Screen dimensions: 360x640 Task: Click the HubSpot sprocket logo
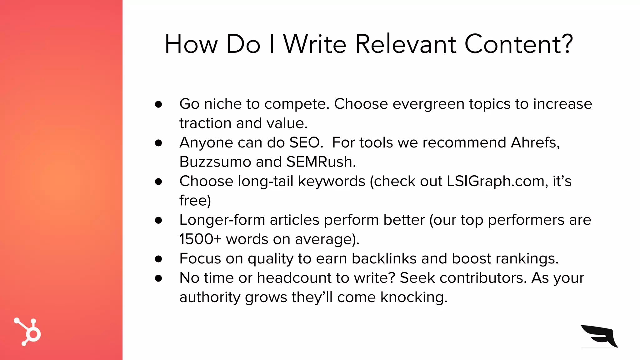28,332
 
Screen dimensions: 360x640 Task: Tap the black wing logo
599,336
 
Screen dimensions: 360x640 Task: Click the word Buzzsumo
215,162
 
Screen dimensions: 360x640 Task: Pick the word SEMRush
320,162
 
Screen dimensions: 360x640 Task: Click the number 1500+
200,239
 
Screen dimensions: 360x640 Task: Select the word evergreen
428,104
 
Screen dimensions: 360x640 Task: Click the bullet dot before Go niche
158,104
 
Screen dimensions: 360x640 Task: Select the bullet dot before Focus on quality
158,259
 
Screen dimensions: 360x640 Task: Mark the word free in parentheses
193,201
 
